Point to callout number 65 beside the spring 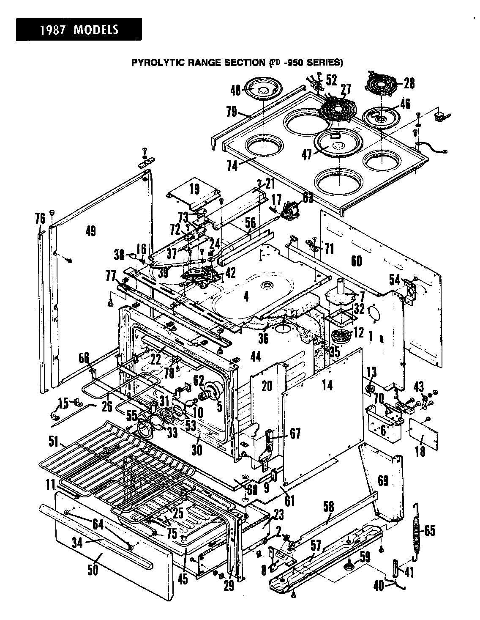[x=429, y=530]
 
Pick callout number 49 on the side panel [x=90, y=231]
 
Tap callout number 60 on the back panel [x=356, y=261]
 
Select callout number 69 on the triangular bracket [x=383, y=481]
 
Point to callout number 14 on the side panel [x=327, y=385]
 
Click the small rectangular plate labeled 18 [x=424, y=434]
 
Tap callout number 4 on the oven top [x=246, y=296]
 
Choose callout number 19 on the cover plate [x=194, y=189]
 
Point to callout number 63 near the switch [x=308, y=198]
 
